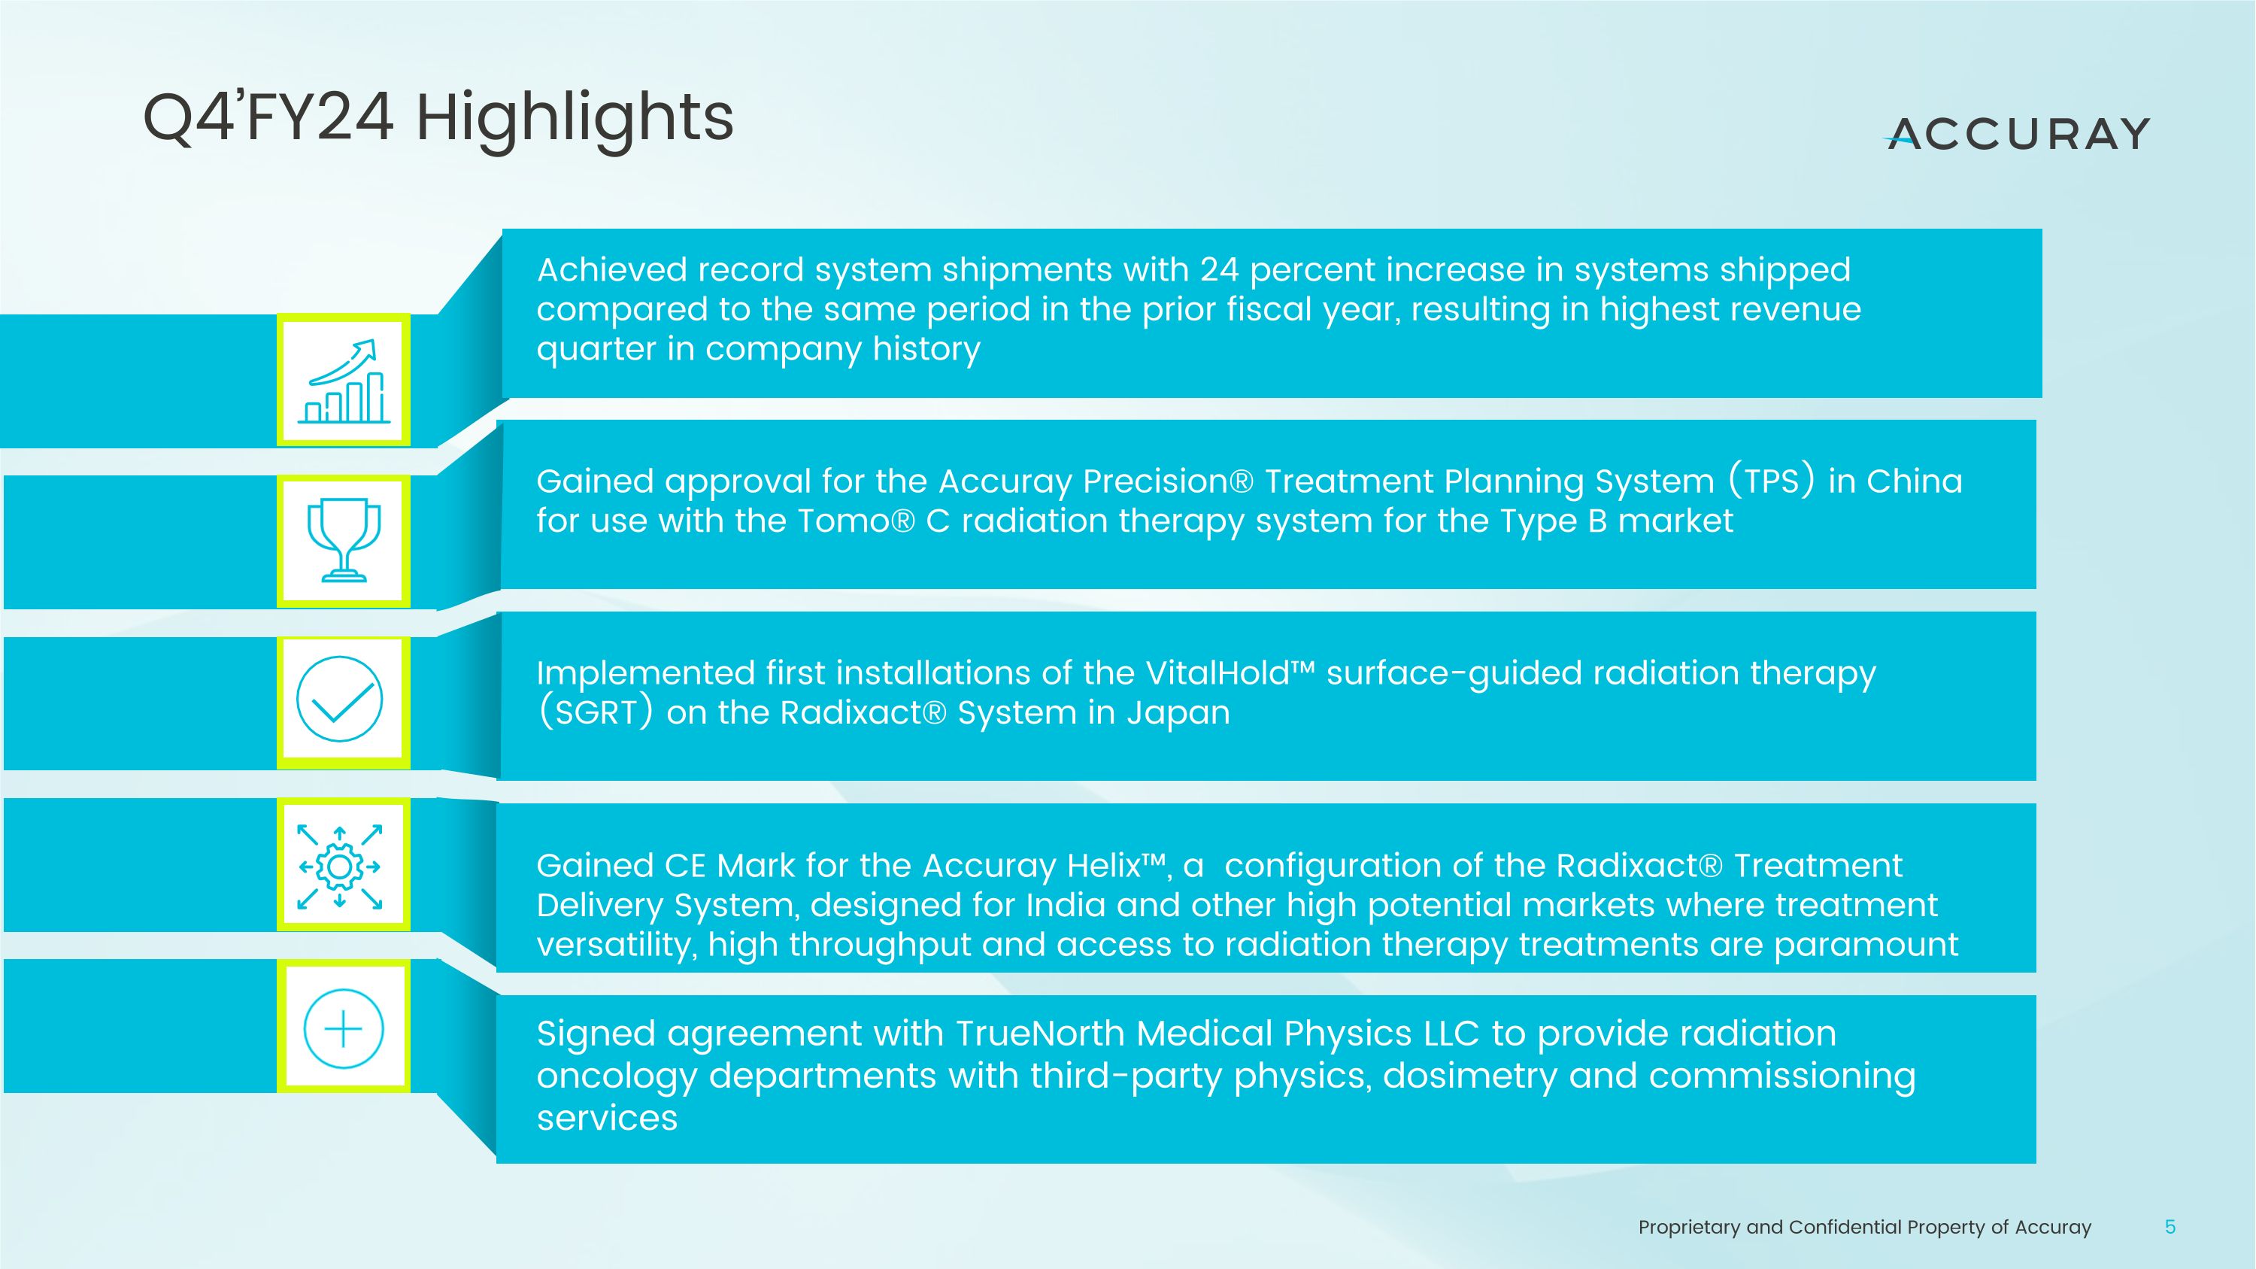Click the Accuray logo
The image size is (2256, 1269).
tap(2017, 134)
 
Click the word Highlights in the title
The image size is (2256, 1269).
tap(574, 118)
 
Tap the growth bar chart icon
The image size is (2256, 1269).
tap(344, 380)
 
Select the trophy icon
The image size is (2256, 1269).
tap(344, 540)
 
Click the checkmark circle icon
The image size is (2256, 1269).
tap(340, 699)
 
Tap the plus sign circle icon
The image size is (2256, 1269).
tap(344, 1028)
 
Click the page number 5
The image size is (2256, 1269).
tap(2170, 1227)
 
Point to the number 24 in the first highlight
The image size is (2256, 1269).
tap(1219, 270)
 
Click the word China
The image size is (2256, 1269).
tap(1914, 481)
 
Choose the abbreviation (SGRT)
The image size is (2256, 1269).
tap(596, 712)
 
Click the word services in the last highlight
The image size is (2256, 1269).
tap(607, 1119)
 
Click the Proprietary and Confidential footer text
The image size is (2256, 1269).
tap(1863, 1227)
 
